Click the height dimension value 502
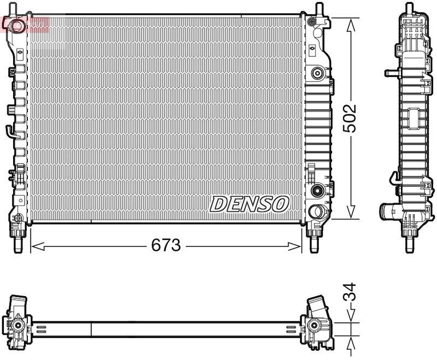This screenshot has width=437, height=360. (x=350, y=119)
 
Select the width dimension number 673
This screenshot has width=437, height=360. (x=166, y=246)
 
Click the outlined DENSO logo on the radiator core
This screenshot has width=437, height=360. (x=249, y=204)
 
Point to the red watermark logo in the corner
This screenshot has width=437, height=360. (x=25, y=24)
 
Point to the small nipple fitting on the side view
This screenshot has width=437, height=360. (x=389, y=72)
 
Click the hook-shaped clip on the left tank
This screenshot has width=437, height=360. (x=10, y=131)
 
